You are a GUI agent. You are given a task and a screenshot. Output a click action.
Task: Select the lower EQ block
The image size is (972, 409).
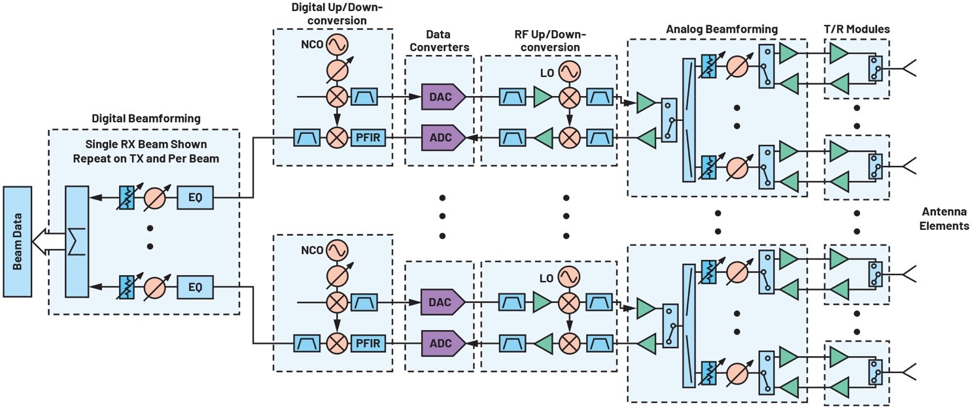pyautogui.click(x=195, y=286)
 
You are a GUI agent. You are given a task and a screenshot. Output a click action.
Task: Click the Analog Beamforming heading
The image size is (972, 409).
pyautogui.click(x=721, y=29)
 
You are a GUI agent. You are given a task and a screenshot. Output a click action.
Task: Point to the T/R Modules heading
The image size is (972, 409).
pyautogui.click(x=857, y=29)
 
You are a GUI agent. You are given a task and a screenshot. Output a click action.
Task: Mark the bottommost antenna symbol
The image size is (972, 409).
pyautogui.click(x=909, y=371)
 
